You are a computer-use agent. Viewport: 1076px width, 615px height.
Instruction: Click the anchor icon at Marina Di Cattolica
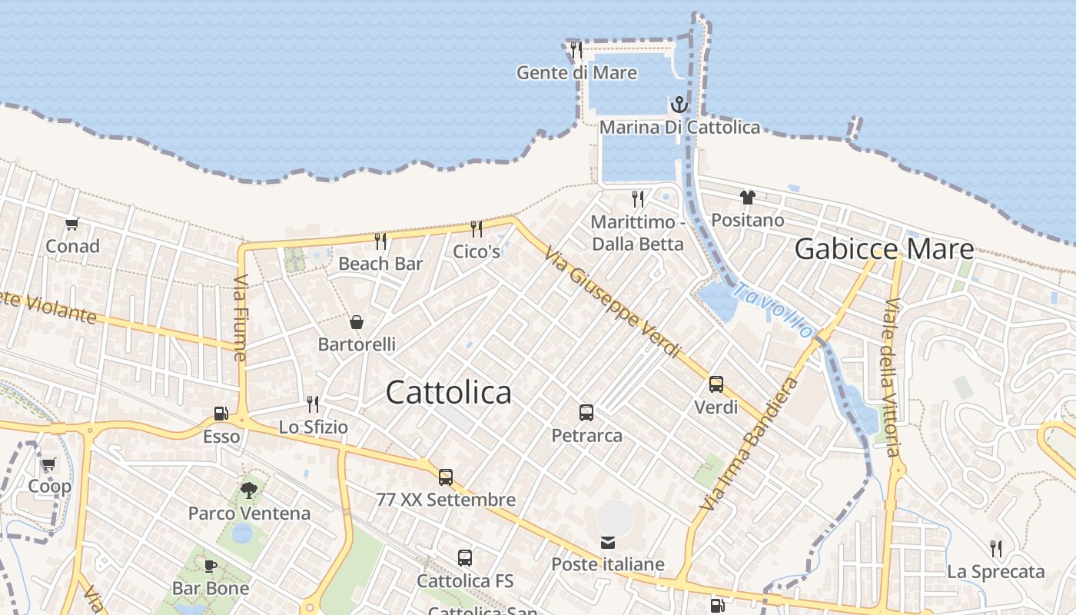pos(679,104)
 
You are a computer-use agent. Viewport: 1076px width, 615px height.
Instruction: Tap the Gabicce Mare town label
pos(884,249)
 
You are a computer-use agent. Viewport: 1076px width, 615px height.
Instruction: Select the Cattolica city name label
pos(448,393)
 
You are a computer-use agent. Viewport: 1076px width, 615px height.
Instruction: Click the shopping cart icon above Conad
pos(72,224)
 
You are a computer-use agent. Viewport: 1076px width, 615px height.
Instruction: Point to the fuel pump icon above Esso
pos(221,414)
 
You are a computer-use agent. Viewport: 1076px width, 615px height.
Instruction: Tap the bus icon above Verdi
pos(716,384)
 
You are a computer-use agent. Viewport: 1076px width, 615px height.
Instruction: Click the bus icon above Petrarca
pos(586,412)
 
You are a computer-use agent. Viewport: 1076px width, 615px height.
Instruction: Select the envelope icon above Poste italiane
pos(608,543)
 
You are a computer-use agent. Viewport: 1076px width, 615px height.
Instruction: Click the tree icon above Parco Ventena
pos(248,490)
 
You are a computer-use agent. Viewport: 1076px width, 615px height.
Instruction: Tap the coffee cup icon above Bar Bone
pos(211,566)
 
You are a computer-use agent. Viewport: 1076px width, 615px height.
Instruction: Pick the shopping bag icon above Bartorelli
pos(357,321)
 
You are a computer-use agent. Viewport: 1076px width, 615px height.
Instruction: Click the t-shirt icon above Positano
pos(748,198)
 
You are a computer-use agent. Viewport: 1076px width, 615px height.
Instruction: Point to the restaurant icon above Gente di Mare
pos(576,50)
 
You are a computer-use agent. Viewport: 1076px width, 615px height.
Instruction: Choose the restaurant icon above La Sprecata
pos(996,548)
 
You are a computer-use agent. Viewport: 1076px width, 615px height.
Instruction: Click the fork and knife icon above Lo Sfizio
pos(313,404)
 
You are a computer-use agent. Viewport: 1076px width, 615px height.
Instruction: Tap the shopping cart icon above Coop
pos(49,464)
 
